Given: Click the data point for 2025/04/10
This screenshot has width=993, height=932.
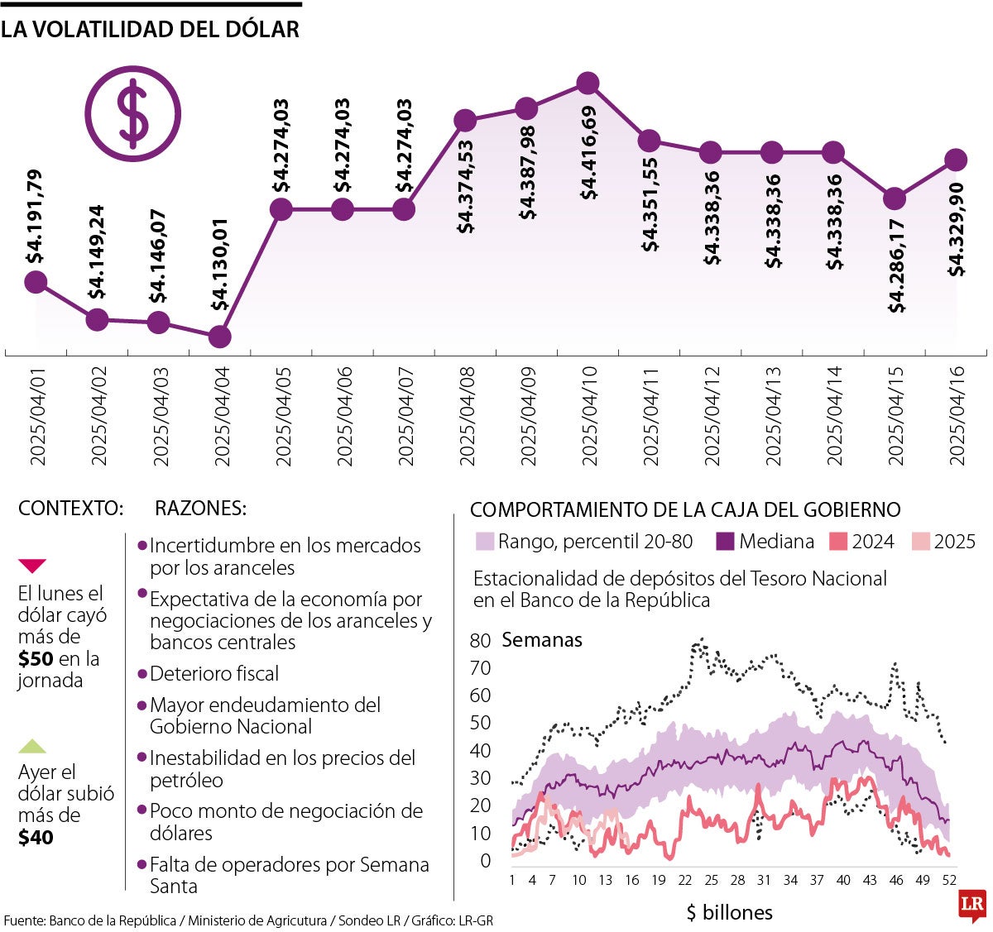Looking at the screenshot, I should [588, 84].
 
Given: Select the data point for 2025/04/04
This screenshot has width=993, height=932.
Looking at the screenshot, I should [219, 337].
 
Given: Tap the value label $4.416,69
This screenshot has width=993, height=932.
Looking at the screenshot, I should [588, 153].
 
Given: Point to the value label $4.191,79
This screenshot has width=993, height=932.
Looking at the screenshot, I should [35, 217].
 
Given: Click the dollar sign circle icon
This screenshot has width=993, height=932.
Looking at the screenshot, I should [132, 113].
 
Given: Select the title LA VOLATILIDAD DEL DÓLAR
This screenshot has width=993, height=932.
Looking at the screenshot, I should [150, 30].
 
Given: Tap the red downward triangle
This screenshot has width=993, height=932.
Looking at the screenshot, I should [32, 566].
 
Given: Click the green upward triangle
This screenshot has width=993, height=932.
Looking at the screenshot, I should [32, 746].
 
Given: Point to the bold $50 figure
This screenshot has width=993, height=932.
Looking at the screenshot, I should [36, 659].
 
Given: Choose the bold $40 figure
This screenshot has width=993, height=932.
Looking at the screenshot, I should [36, 838].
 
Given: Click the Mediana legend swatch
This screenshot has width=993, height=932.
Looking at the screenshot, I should [726, 542].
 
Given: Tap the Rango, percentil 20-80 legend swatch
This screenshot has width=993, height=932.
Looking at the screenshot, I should [485, 542].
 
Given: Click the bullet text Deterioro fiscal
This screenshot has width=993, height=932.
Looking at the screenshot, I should [213, 674].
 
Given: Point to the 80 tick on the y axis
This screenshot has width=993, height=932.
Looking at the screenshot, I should [480, 641].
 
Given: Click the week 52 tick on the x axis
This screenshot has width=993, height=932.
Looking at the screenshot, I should [949, 880].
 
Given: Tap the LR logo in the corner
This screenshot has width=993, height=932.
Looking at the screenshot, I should [971, 906].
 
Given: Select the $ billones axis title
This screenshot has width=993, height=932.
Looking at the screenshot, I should [729, 912].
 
